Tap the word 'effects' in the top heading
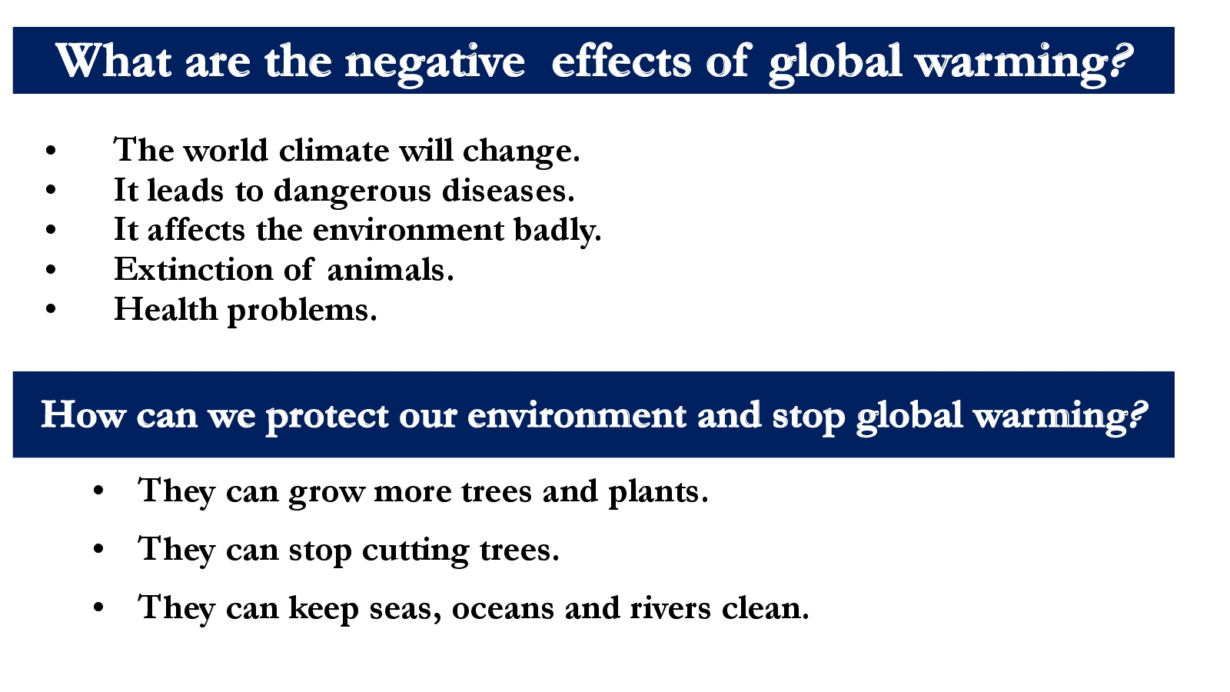click(x=621, y=60)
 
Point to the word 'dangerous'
click(x=352, y=191)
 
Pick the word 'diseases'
click(x=508, y=190)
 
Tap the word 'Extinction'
click(x=193, y=269)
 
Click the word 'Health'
click(x=165, y=308)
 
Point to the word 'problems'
click(x=302, y=311)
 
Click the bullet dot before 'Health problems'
click(x=51, y=309)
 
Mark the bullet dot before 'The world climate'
click(x=51, y=151)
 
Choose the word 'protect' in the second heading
click(x=327, y=418)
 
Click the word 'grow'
click(x=326, y=493)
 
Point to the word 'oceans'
click(x=503, y=608)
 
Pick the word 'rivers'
click(x=670, y=608)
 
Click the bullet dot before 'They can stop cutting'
click(x=99, y=549)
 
